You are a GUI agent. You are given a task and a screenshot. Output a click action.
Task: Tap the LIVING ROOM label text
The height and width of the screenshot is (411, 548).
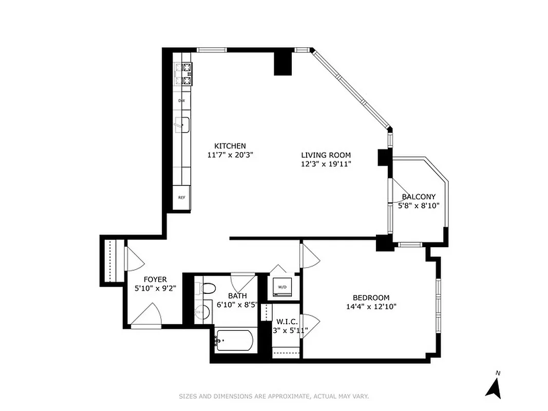pos(326,155)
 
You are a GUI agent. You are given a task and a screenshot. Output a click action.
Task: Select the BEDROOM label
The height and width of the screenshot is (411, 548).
pos(371,297)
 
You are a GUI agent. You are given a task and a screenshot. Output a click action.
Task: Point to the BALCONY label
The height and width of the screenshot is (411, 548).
pos(419,197)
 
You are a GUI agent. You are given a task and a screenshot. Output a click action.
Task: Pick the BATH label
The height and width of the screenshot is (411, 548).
pos(237,296)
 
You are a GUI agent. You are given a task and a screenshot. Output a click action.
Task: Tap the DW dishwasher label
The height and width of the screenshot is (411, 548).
pos(181,101)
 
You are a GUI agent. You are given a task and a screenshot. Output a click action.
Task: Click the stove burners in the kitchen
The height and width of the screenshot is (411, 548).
pos(183,73)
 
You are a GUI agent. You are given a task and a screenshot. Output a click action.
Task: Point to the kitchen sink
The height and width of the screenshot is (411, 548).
pos(182,124)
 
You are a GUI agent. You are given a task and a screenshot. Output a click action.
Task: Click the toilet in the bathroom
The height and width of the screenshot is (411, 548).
pos(207,289)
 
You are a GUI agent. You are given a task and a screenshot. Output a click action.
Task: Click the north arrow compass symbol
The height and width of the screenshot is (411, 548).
pos(494,386)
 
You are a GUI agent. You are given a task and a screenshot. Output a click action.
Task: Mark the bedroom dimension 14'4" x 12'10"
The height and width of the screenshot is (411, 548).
pos(371,307)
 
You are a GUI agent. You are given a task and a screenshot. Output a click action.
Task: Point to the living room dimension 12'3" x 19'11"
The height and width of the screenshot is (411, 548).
pos(326,164)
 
